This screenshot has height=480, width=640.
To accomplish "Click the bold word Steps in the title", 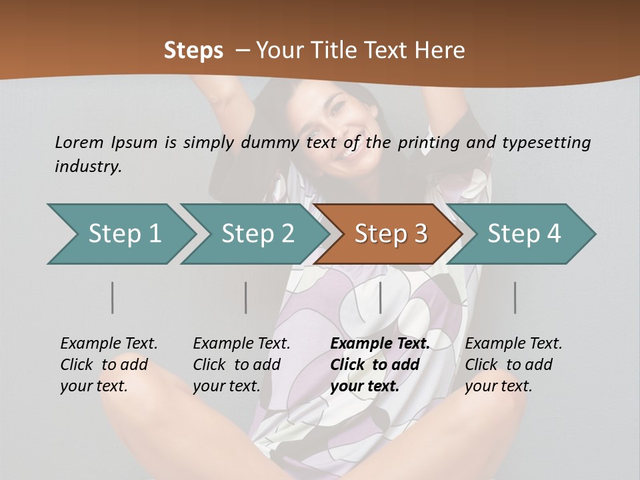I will click(193, 51).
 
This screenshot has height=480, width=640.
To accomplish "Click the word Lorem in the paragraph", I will click(79, 142).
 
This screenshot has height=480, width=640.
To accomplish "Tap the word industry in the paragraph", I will click(88, 167).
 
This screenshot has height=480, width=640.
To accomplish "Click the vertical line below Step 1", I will click(113, 297).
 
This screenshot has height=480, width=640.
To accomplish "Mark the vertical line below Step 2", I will click(246, 297).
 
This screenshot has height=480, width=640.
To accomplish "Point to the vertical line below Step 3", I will click(381, 297).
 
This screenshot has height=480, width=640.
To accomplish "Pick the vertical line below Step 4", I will click(515, 297).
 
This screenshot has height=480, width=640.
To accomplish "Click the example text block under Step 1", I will click(109, 365).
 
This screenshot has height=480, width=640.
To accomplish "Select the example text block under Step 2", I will click(241, 365).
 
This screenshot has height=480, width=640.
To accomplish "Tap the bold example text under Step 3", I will click(380, 365).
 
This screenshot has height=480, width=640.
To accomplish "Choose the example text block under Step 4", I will click(513, 365).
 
